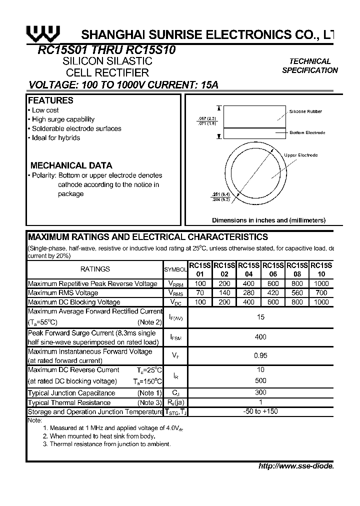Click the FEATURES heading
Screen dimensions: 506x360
[50, 100]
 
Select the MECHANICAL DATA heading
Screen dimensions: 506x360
[71, 165]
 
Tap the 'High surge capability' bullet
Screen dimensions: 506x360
[62, 119]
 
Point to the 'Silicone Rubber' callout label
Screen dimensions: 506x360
[305, 112]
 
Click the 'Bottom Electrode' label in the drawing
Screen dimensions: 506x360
[307, 132]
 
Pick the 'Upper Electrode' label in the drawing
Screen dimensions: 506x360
[300, 155]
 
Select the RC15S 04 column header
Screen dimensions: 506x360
[248, 270]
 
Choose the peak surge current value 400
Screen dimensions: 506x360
[260, 337]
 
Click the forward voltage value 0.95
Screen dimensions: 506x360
[260, 355]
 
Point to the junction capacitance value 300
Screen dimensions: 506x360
[260, 392]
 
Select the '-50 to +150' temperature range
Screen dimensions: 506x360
[260, 411]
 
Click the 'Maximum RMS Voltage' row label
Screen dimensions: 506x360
[63, 293]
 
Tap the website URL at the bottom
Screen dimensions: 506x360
[295, 466]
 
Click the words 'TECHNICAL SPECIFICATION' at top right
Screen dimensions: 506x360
[310, 65]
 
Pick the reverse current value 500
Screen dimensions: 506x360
[260, 380]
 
